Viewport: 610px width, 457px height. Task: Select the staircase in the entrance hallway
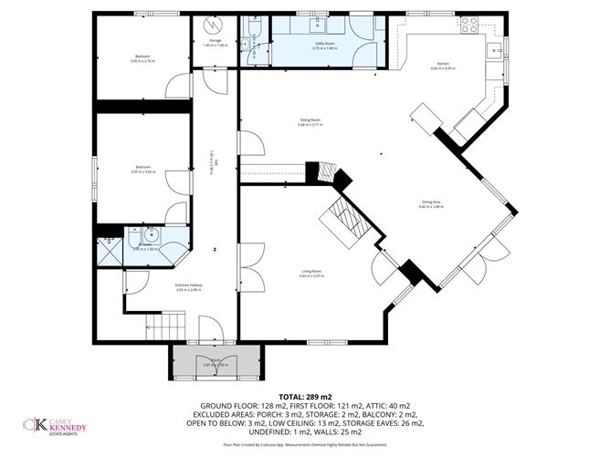coord(165,324)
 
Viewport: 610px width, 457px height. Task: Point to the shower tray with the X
coord(109,245)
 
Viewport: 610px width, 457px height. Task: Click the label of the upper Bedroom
coord(142,59)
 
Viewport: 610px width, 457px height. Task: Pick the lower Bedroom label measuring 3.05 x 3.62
coord(142,170)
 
